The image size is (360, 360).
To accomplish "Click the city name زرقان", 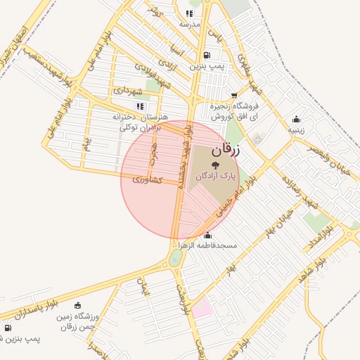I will tap(226, 150).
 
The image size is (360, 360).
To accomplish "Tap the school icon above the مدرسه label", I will tap(189, 13).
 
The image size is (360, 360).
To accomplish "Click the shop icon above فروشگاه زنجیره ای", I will tap(233, 96).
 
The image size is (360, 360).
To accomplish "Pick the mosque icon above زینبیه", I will tap(296, 119).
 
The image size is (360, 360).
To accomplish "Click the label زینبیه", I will tap(296, 129).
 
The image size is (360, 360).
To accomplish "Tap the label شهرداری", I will tap(127, 91).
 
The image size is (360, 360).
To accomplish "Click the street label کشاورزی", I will tap(147, 180).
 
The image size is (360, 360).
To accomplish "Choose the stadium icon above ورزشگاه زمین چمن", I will tap(77, 306).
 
